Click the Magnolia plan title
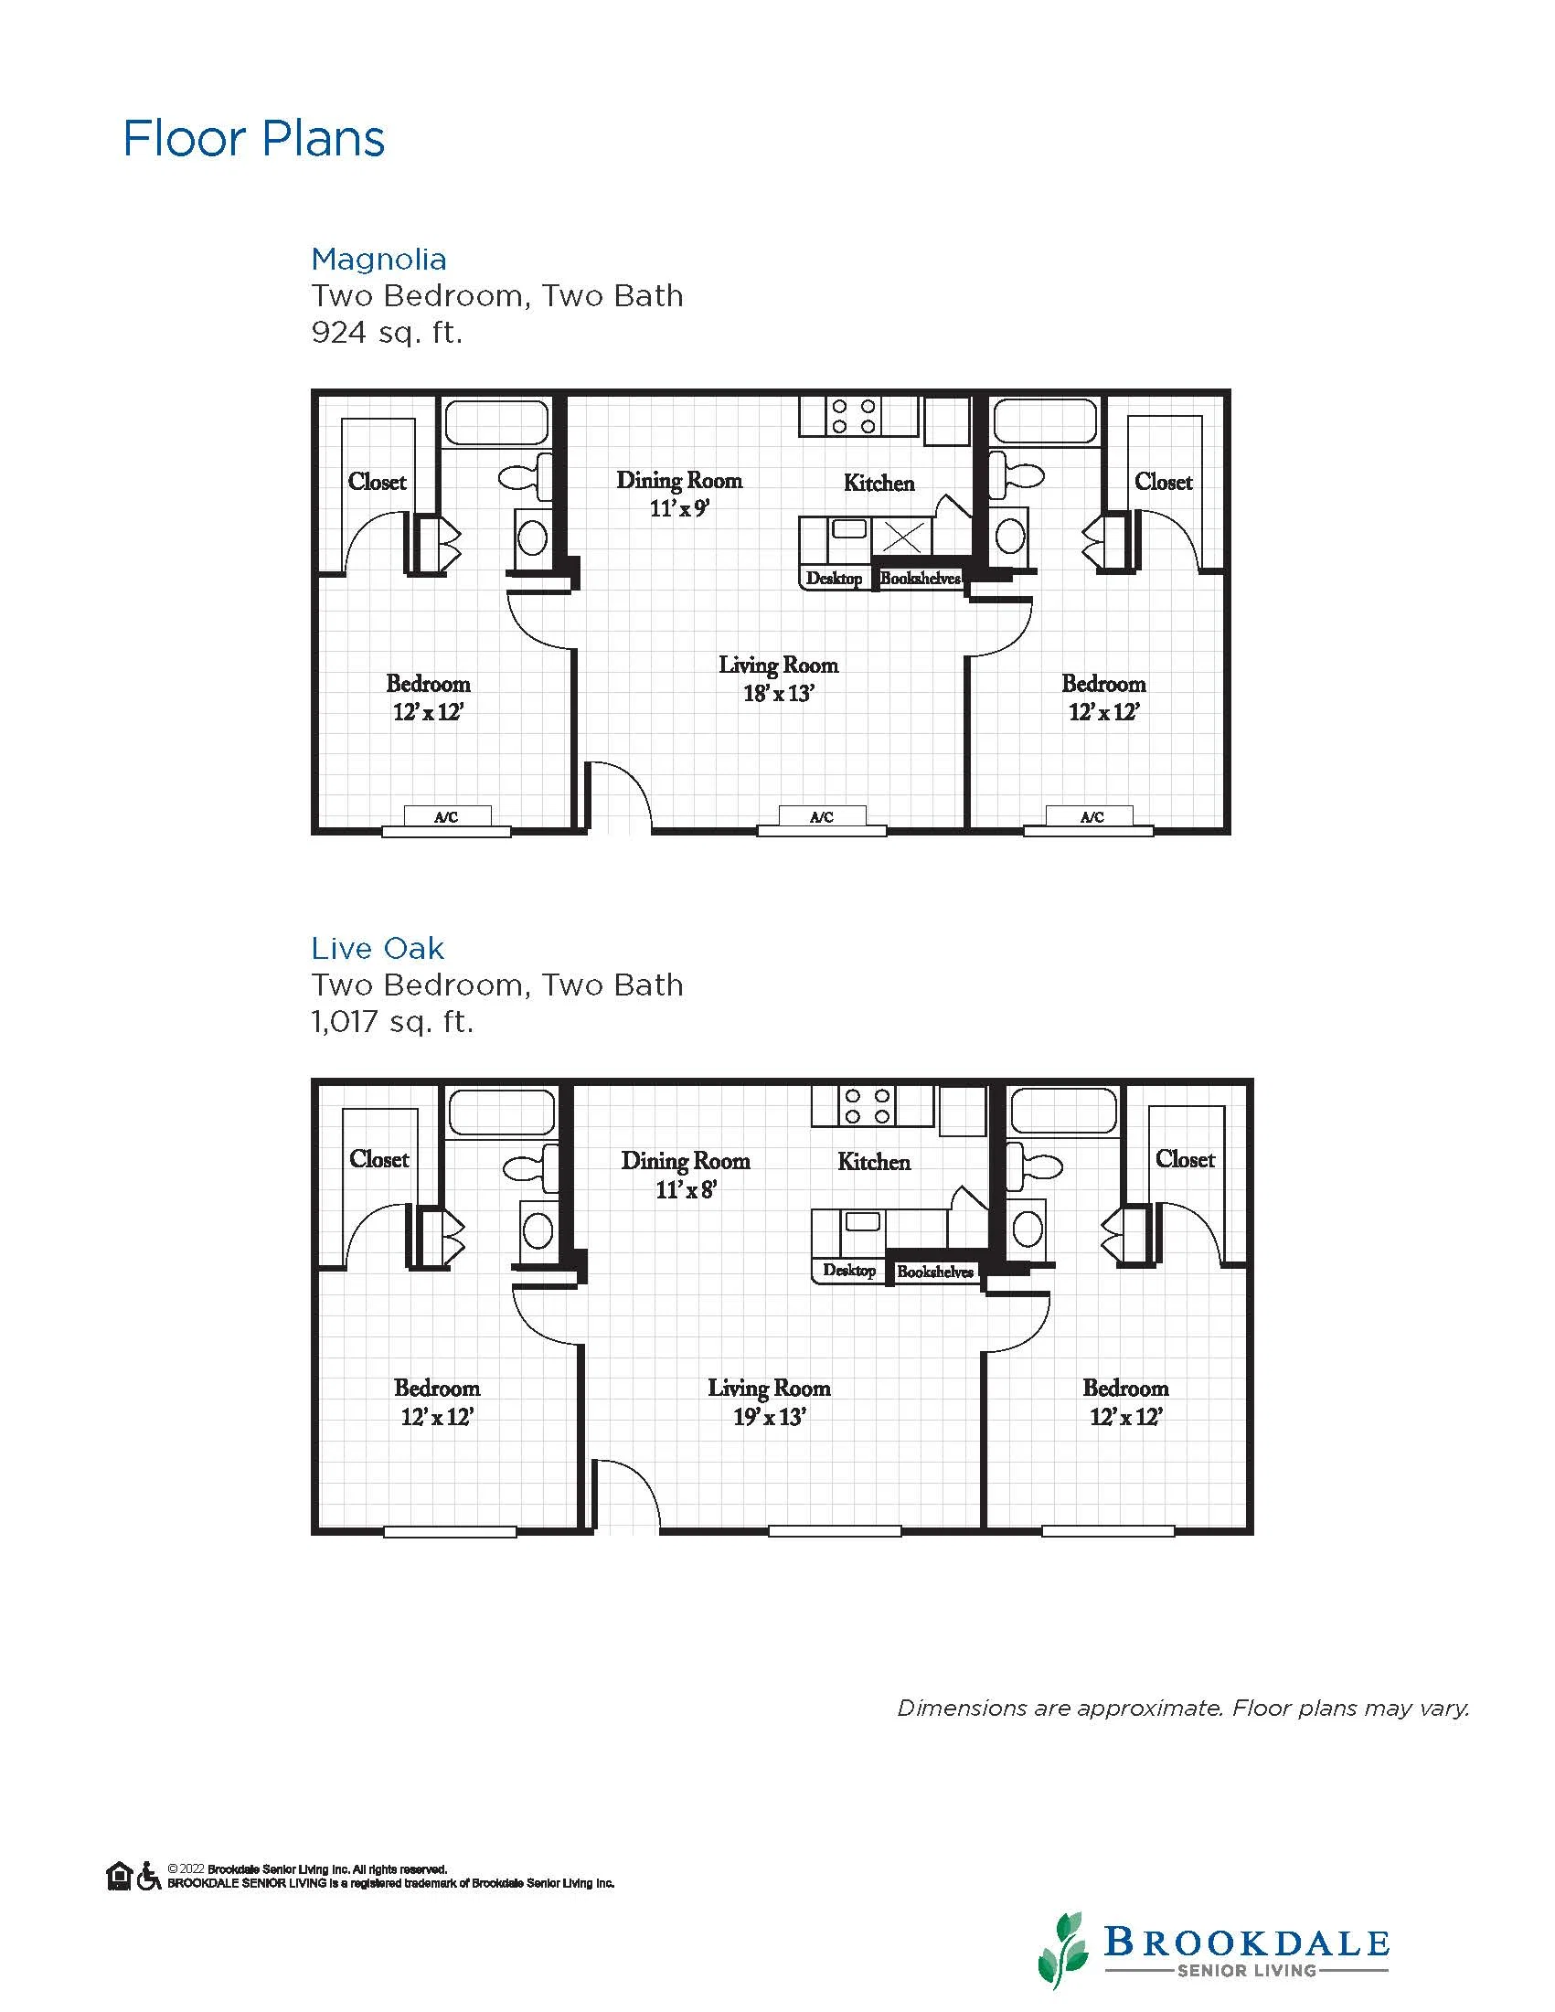(378, 259)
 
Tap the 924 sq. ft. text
(387, 332)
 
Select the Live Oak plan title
(378, 948)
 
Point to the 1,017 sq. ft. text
(392, 1022)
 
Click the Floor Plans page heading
(254, 139)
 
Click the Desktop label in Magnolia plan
(835, 579)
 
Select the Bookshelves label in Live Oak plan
(935, 1272)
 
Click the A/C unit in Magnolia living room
(822, 816)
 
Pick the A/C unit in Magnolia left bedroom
(447, 816)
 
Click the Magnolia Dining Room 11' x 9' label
(680, 494)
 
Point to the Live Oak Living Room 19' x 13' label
(769, 1402)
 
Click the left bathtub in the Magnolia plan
(496, 422)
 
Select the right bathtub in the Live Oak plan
(1064, 1111)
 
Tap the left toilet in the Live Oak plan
(531, 1167)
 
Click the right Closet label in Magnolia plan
(1164, 482)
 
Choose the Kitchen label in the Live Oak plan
(874, 1162)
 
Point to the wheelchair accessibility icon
(148, 1876)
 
